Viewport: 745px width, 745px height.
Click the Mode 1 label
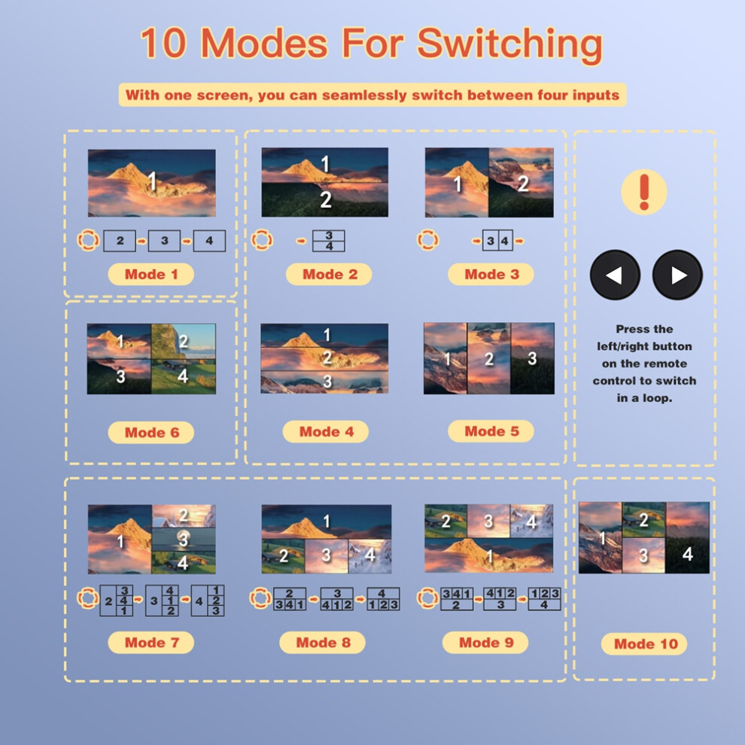coord(151,274)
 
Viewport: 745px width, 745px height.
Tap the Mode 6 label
coord(151,433)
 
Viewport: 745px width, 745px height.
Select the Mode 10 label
coord(645,644)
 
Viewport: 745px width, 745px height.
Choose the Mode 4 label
coord(326,431)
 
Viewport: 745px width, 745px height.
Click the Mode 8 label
coord(323,643)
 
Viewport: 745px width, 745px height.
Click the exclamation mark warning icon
coord(644,192)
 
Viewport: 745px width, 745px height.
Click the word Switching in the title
coord(509,44)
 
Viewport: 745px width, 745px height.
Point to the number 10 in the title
coord(163,43)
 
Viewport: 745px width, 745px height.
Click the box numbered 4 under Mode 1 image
coord(209,241)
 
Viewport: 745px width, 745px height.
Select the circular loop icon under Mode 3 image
coord(427,240)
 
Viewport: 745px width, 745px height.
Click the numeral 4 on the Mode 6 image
coord(182,376)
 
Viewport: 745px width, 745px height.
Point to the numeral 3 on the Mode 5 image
coord(532,358)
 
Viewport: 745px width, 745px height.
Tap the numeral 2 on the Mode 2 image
coord(325,199)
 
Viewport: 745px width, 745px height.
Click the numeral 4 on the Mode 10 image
coord(687,554)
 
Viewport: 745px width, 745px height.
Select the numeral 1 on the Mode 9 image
coord(489,556)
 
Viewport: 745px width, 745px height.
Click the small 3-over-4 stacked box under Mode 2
coord(329,241)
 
